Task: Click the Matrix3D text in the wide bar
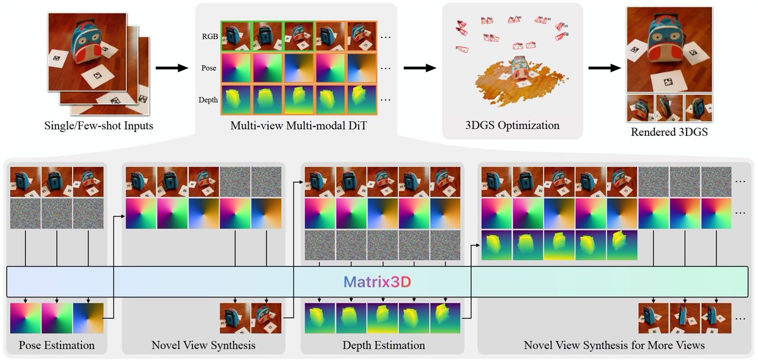[x=378, y=282]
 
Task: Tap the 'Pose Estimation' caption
[x=57, y=345]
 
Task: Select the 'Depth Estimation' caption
[x=383, y=345]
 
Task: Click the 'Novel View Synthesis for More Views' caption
[x=614, y=345]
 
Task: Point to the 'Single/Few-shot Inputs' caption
[x=99, y=125]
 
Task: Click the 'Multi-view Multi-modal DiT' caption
[x=298, y=125]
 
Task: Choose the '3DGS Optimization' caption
[x=511, y=125]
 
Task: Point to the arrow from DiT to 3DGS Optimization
[x=419, y=68]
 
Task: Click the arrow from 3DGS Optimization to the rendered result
[x=603, y=68]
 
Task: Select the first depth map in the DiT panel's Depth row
[x=235, y=99]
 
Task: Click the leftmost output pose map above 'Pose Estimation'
[x=25, y=318]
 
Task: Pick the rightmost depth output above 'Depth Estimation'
[x=445, y=318]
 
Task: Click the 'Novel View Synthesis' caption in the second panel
[x=203, y=345]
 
